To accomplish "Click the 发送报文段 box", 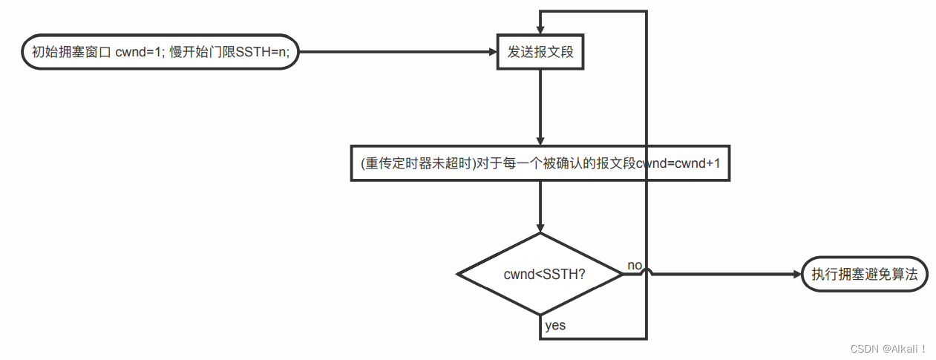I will pyautogui.click(x=540, y=52).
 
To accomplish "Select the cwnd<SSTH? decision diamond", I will pyautogui.click(x=540, y=274).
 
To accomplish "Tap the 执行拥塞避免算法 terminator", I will pyautogui.click(x=865, y=274).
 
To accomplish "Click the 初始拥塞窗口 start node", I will pyautogui.click(x=158, y=52).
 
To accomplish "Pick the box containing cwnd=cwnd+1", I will pyautogui.click(x=540, y=163).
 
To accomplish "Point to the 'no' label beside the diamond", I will pyautogui.click(x=635, y=265).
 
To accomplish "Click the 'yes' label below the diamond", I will pyautogui.click(x=555, y=325).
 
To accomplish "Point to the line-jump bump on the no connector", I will pyautogui.click(x=647, y=272).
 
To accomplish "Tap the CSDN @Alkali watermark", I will pyautogui.click(x=888, y=348).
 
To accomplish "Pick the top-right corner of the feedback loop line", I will pyautogui.click(x=647, y=11).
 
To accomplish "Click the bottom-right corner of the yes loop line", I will pyautogui.click(x=647, y=338).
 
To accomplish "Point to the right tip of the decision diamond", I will pyautogui.click(x=623, y=274).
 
